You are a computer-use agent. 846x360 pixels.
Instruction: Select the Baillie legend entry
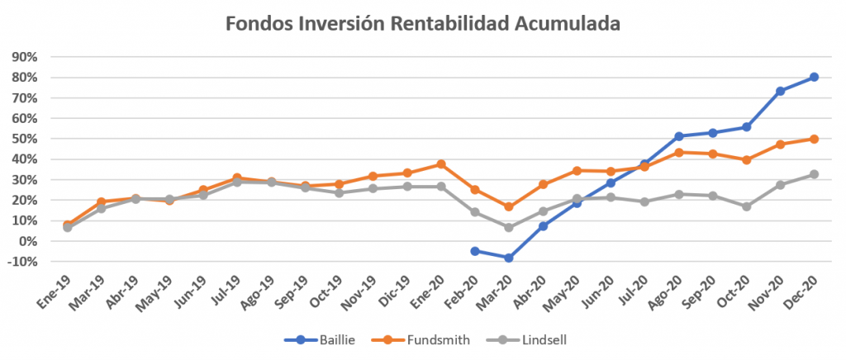click(x=317, y=339)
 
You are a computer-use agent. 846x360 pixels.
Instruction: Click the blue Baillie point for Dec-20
click(x=814, y=77)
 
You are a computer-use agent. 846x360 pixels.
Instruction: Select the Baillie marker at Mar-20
click(x=508, y=258)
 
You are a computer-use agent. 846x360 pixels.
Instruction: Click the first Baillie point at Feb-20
click(x=474, y=251)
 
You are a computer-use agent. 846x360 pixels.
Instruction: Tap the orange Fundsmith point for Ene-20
click(x=440, y=164)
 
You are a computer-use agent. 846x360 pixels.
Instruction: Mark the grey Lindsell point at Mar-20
click(x=508, y=227)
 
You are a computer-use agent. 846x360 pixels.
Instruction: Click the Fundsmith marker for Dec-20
click(x=814, y=139)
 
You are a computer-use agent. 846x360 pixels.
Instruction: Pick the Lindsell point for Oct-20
click(x=746, y=206)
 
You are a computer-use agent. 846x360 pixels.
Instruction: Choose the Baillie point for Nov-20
click(x=780, y=91)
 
